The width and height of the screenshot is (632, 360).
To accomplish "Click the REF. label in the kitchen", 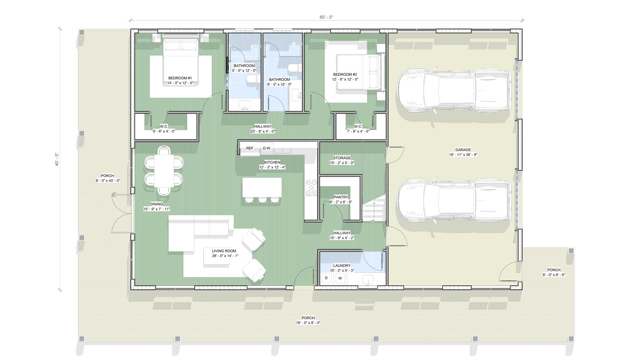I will pyautogui.click(x=250, y=148).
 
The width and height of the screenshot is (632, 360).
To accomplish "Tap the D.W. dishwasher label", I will pyautogui.click(x=267, y=148).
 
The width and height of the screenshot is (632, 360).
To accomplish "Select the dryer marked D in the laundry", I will pyautogui.click(x=327, y=278).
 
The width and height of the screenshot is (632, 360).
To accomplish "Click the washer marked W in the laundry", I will pyautogui.click(x=340, y=278).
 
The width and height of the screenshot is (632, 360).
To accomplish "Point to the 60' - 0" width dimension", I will pyautogui.click(x=326, y=17).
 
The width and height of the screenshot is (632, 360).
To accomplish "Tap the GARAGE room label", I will pyautogui.click(x=463, y=150).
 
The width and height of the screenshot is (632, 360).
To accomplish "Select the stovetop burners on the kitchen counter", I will pyautogui.click(x=311, y=188).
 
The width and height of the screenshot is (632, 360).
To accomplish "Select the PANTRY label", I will pyautogui.click(x=341, y=197).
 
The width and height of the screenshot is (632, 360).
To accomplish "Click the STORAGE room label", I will pyautogui.click(x=342, y=158).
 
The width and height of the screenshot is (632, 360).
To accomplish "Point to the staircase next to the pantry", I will pyautogui.click(x=374, y=209).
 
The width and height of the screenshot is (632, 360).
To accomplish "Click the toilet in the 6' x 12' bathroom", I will pyautogui.click(x=293, y=69).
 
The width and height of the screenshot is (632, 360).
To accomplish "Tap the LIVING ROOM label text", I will pyautogui.click(x=224, y=251).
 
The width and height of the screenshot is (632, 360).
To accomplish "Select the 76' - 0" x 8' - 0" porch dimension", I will pyautogui.click(x=308, y=323).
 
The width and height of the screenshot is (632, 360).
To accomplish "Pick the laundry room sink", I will pyautogui.click(x=368, y=280).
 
